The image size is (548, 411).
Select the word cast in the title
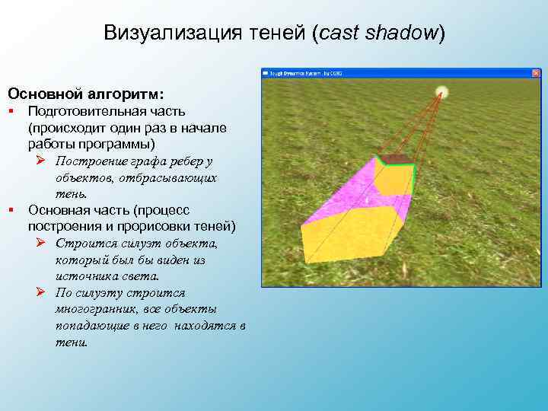click(339, 33)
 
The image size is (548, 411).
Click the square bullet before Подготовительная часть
click(11, 111)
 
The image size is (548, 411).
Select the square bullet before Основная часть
click(11, 209)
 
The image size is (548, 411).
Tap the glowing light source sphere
click(441, 93)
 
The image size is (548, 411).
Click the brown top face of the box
click(394, 159)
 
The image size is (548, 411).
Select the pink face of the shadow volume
click(342, 190)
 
